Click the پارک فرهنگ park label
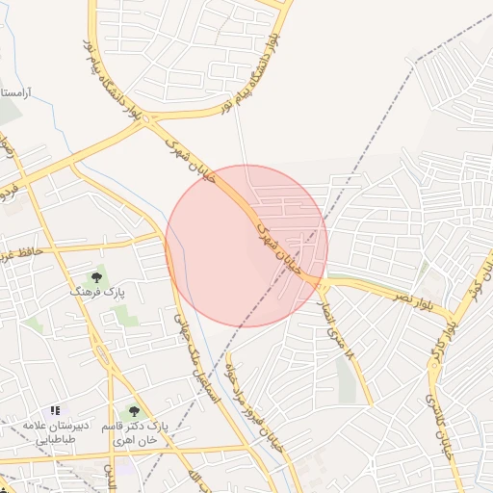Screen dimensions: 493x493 pos(97,290)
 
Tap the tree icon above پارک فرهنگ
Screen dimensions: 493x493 pos(96,277)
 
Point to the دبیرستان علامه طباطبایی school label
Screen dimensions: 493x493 pos(56,431)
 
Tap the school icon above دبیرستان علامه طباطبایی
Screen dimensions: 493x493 pos(55,411)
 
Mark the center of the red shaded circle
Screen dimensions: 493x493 pos(246,246)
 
